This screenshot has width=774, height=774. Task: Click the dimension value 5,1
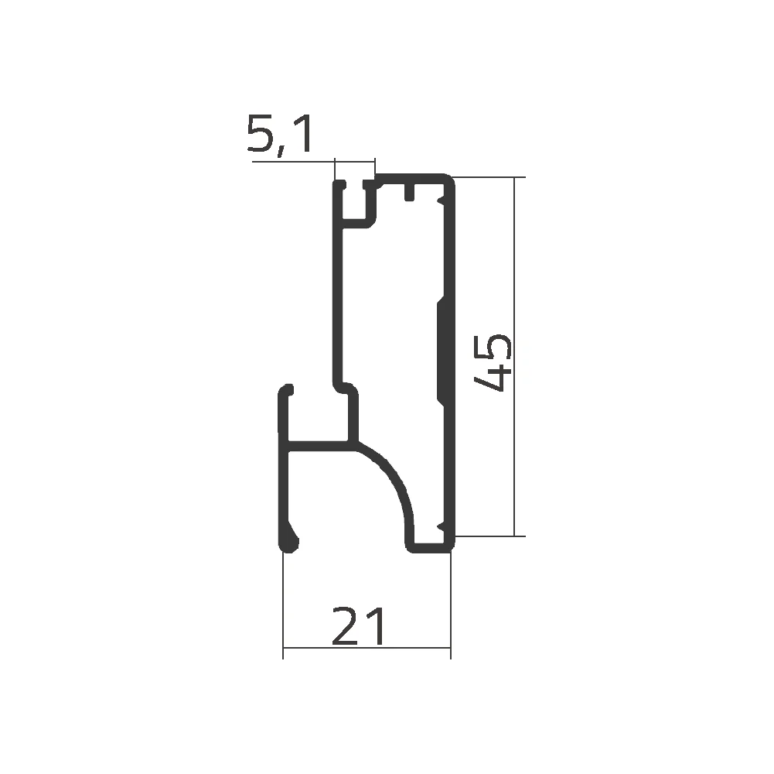pyautogui.click(x=281, y=136)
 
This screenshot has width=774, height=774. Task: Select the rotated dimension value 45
pyautogui.click(x=493, y=363)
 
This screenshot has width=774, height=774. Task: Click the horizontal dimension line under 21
pyautogui.click(x=367, y=648)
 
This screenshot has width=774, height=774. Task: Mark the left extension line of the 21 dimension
pyautogui.click(x=283, y=604)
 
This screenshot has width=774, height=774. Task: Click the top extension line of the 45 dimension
pyautogui.click(x=487, y=177)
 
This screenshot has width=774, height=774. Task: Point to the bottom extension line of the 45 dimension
pyautogui.click(x=487, y=536)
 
